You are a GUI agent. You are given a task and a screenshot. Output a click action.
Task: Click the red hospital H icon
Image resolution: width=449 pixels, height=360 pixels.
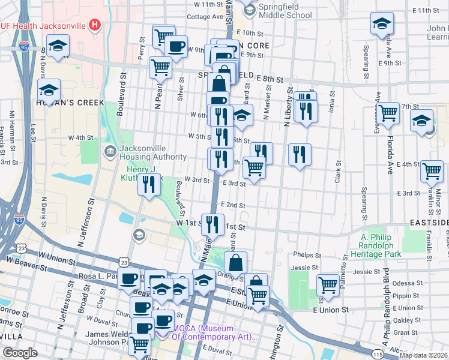point(94,25)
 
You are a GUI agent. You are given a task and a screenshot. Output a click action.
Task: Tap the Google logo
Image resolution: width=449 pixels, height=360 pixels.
point(20,353)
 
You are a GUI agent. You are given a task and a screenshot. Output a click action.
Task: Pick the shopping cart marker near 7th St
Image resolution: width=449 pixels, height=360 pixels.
point(388,113)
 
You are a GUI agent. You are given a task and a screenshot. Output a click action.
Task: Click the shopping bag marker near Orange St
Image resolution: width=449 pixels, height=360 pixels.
point(236,262)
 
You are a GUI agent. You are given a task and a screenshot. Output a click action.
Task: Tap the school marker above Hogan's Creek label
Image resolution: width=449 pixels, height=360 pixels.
point(49,91)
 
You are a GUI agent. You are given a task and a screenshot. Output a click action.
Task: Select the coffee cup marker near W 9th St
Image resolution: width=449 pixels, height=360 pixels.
point(176,46)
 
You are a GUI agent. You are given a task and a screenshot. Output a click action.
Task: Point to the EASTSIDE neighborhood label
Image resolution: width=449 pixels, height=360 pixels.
point(429,223)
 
